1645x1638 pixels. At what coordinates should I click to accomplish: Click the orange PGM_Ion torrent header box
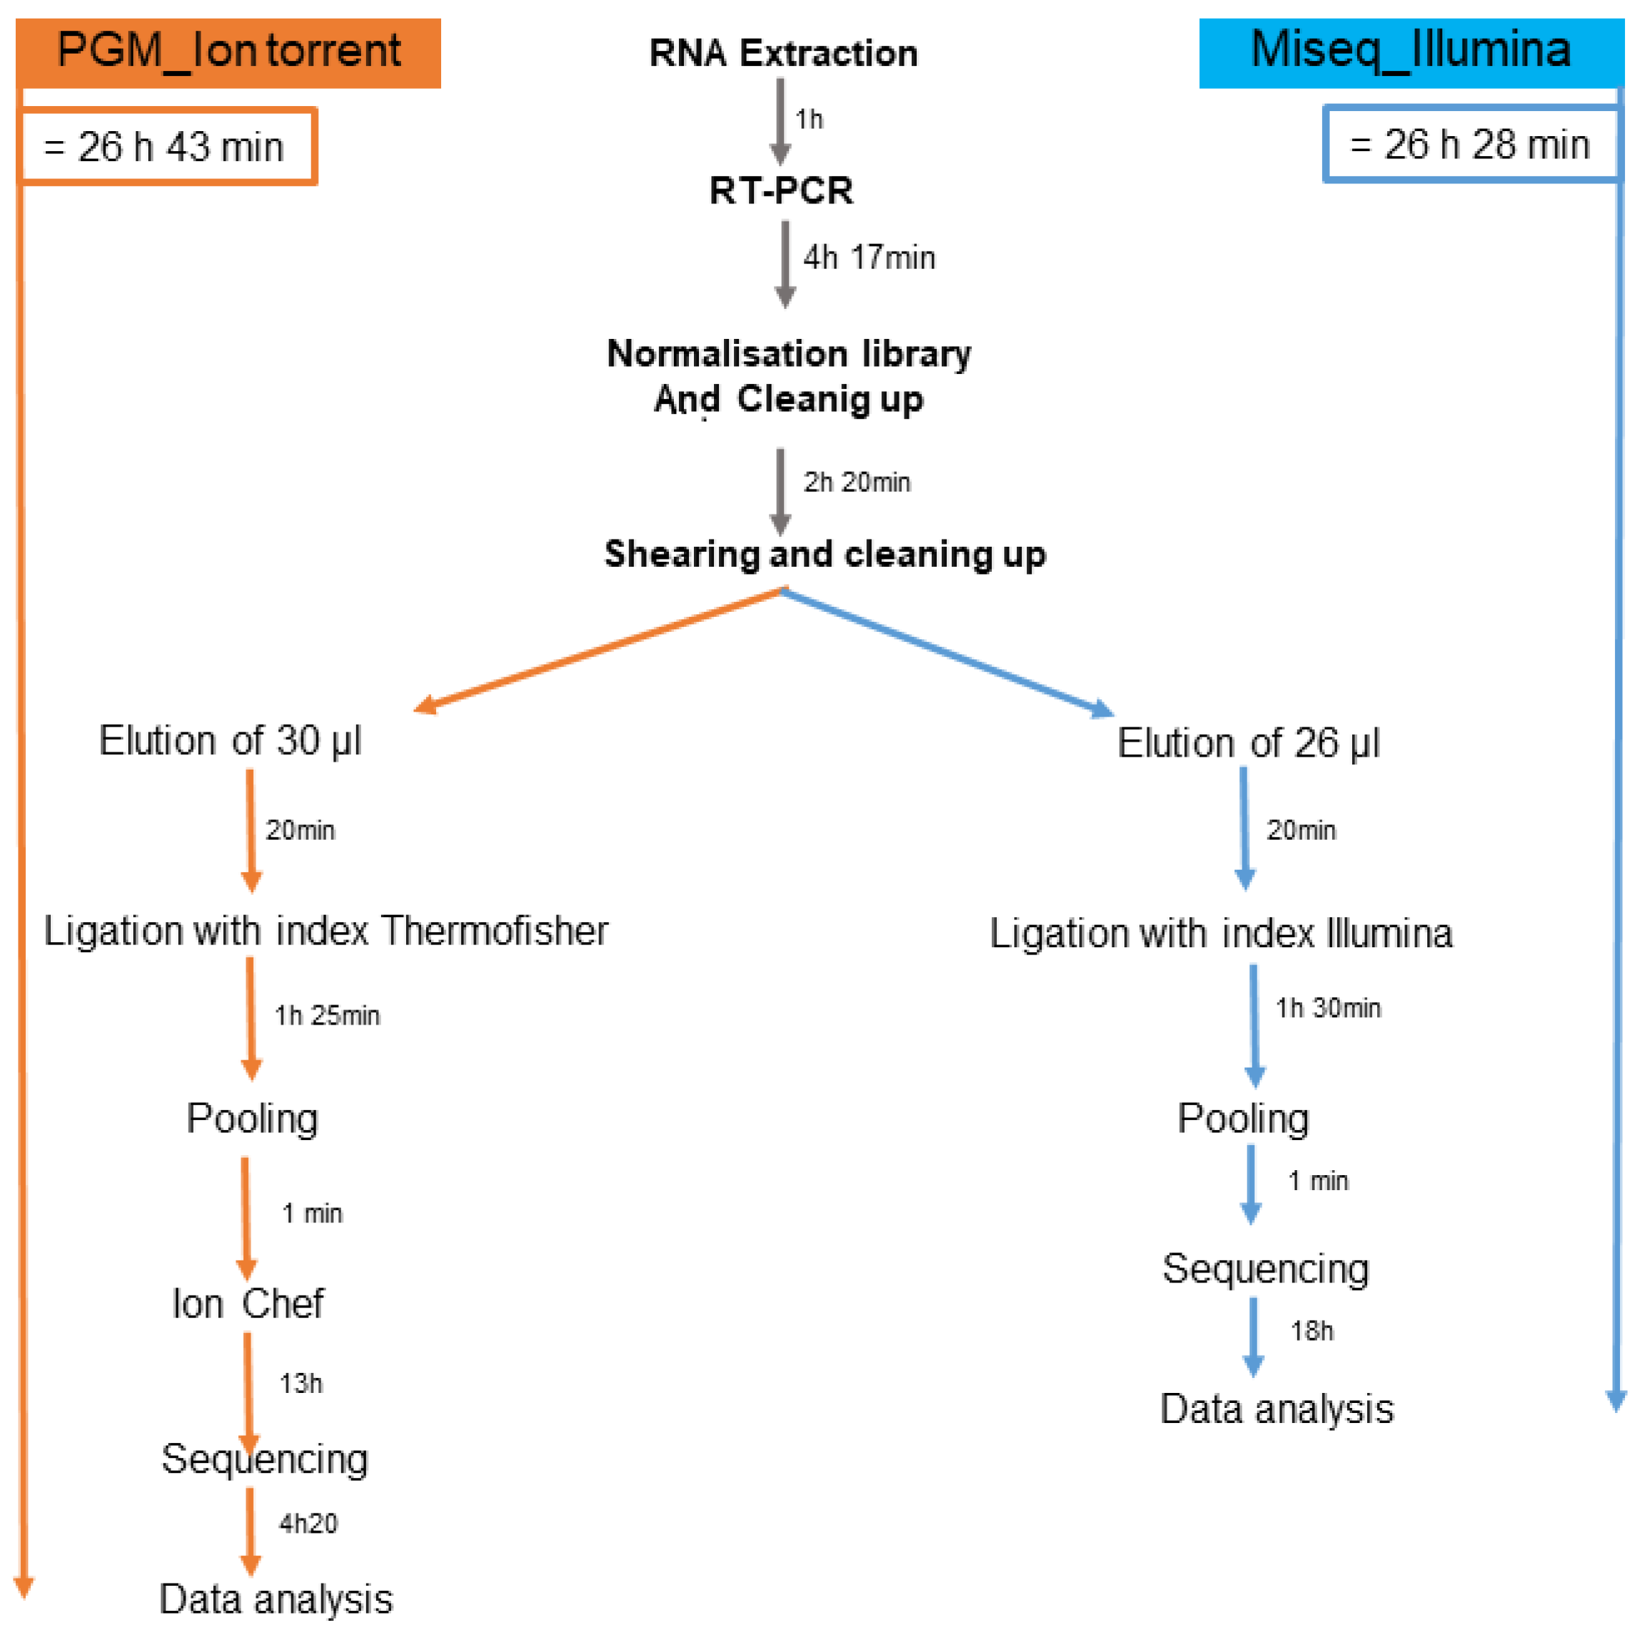click(228, 51)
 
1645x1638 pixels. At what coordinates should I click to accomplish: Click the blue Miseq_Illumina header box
click(1410, 51)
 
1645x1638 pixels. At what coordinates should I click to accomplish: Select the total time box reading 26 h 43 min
click(167, 146)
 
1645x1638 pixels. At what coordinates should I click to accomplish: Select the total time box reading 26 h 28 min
click(1471, 144)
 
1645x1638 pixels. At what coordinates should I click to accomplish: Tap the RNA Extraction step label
click(783, 53)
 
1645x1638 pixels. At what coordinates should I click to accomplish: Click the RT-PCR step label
click(781, 190)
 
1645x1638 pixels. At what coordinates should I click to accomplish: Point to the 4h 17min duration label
click(869, 257)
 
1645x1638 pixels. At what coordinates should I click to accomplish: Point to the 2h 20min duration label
click(857, 482)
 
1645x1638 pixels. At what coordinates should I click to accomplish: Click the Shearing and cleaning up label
click(824, 554)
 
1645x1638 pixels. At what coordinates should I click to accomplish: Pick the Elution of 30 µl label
click(230, 740)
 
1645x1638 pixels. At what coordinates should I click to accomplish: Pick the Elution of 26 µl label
click(1248, 743)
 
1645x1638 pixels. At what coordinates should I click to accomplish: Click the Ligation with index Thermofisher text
click(326, 930)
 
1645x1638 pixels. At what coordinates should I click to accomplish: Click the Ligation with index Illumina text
click(1220, 934)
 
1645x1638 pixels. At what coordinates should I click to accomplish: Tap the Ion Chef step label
click(248, 1303)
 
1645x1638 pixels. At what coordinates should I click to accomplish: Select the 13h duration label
click(301, 1384)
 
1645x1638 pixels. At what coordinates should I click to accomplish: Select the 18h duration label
click(1311, 1331)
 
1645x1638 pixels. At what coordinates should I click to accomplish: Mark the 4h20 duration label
click(308, 1523)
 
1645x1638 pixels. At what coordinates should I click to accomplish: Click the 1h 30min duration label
click(1328, 1009)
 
